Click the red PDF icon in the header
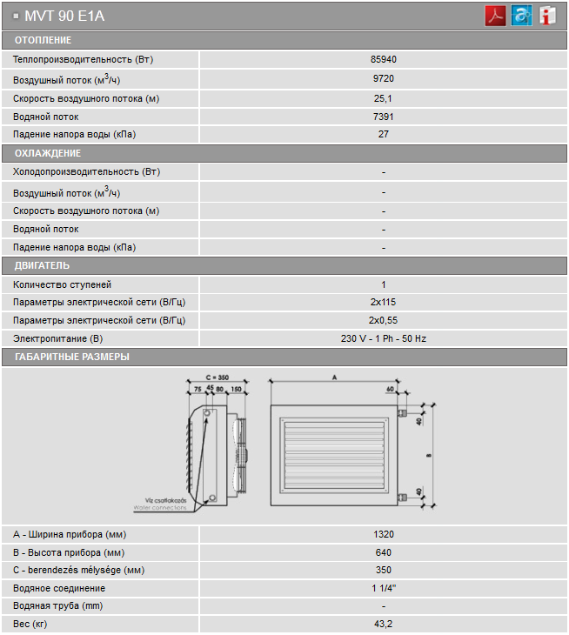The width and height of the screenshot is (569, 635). tap(496, 16)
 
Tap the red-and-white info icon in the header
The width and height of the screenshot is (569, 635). tap(547, 16)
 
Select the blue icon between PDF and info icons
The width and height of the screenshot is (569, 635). tap(521, 16)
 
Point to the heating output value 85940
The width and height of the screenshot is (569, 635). tap(384, 59)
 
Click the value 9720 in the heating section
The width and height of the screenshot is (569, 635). tap(384, 78)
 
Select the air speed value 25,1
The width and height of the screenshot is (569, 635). tap(384, 98)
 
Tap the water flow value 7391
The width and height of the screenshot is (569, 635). tap(384, 117)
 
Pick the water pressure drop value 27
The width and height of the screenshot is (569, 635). tap(384, 135)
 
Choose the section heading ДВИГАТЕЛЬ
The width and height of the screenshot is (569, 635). tap(42, 265)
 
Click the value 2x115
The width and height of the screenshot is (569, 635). tap(384, 303)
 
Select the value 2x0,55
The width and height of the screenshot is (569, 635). tap(384, 321)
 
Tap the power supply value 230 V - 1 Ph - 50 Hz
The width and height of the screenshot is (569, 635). tap(384, 339)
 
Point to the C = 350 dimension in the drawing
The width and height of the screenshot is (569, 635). tap(216, 377)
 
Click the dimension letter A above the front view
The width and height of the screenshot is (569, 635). tap(334, 377)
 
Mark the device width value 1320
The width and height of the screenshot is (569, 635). tap(384, 534)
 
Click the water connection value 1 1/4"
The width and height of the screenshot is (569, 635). tap(384, 589)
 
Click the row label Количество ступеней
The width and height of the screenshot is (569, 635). tap(63, 284)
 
